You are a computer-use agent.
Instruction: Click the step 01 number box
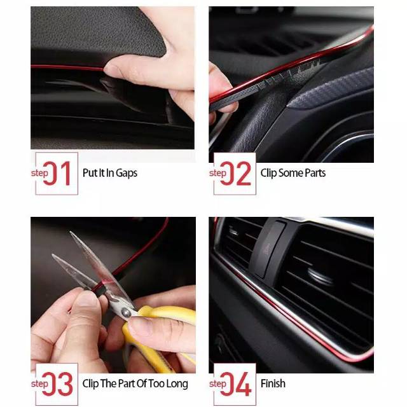click(x=57, y=174)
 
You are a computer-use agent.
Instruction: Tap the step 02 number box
click(x=235, y=174)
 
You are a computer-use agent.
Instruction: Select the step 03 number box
click(x=57, y=384)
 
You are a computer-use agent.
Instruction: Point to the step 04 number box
click(x=235, y=384)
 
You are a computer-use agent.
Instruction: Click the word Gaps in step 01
click(x=127, y=173)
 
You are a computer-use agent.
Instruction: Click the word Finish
click(x=273, y=383)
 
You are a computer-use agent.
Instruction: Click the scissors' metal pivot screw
click(x=126, y=313)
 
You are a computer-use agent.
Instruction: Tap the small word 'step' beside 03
click(x=39, y=384)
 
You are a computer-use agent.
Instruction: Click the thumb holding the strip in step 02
click(x=221, y=83)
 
